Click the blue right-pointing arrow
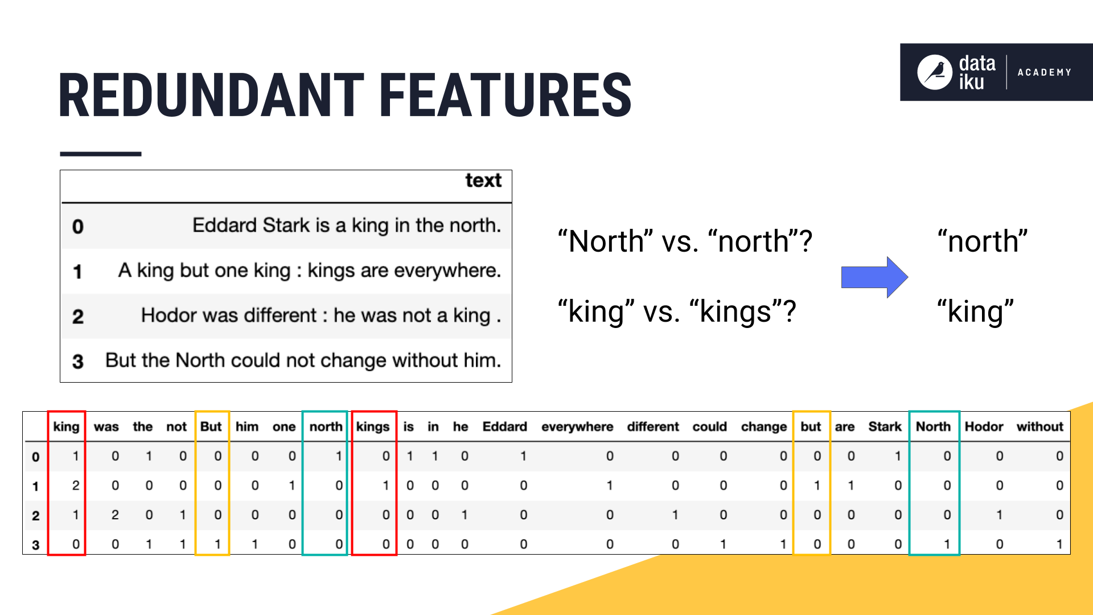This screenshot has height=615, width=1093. tap(874, 277)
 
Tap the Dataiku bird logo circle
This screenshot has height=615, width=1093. tap(934, 72)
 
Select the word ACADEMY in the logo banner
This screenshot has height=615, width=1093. tap(1045, 72)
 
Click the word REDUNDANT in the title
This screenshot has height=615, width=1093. tap(211, 95)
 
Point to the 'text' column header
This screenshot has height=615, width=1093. tap(483, 181)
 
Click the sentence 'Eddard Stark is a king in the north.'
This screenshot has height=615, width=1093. tap(347, 225)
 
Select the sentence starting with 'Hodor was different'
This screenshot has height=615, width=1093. tap(321, 315)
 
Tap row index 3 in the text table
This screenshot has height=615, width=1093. tap(78, 361)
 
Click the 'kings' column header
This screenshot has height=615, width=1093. tap(373, 427)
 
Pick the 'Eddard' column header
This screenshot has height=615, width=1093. tap(504, 427)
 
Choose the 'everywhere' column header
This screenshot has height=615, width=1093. tap(577, 427)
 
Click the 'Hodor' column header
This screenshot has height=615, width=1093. tap(984, 427)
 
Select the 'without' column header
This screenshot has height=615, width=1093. tap(1040, 427)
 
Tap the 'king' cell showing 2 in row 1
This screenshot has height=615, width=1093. tap(75, 486)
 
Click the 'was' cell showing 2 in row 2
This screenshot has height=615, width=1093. tap(115, 515)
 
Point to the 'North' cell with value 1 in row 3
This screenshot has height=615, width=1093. tap(947, 544)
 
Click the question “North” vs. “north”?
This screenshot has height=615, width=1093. tap(685, 241)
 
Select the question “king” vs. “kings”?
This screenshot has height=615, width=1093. tap(677, 312)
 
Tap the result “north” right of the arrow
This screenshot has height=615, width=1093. tap(983, 241)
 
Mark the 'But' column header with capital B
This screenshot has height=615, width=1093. tap(211, 427)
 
